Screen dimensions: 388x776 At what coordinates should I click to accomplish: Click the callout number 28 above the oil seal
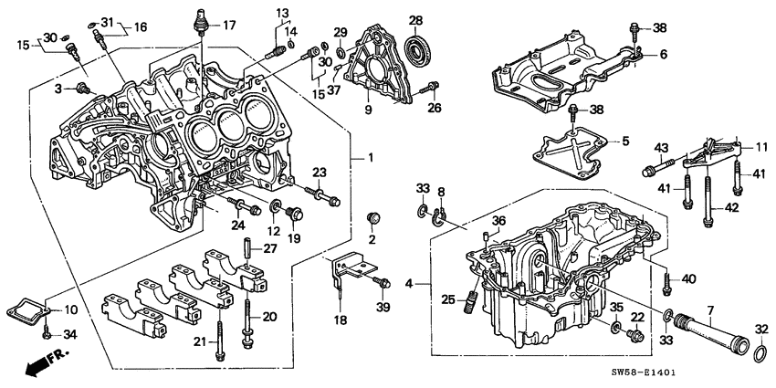(x=415, y=21)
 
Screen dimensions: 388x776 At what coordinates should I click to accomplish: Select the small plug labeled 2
(x=372, y=218)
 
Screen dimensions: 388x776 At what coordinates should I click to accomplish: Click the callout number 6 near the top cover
(x=663, y=55)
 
